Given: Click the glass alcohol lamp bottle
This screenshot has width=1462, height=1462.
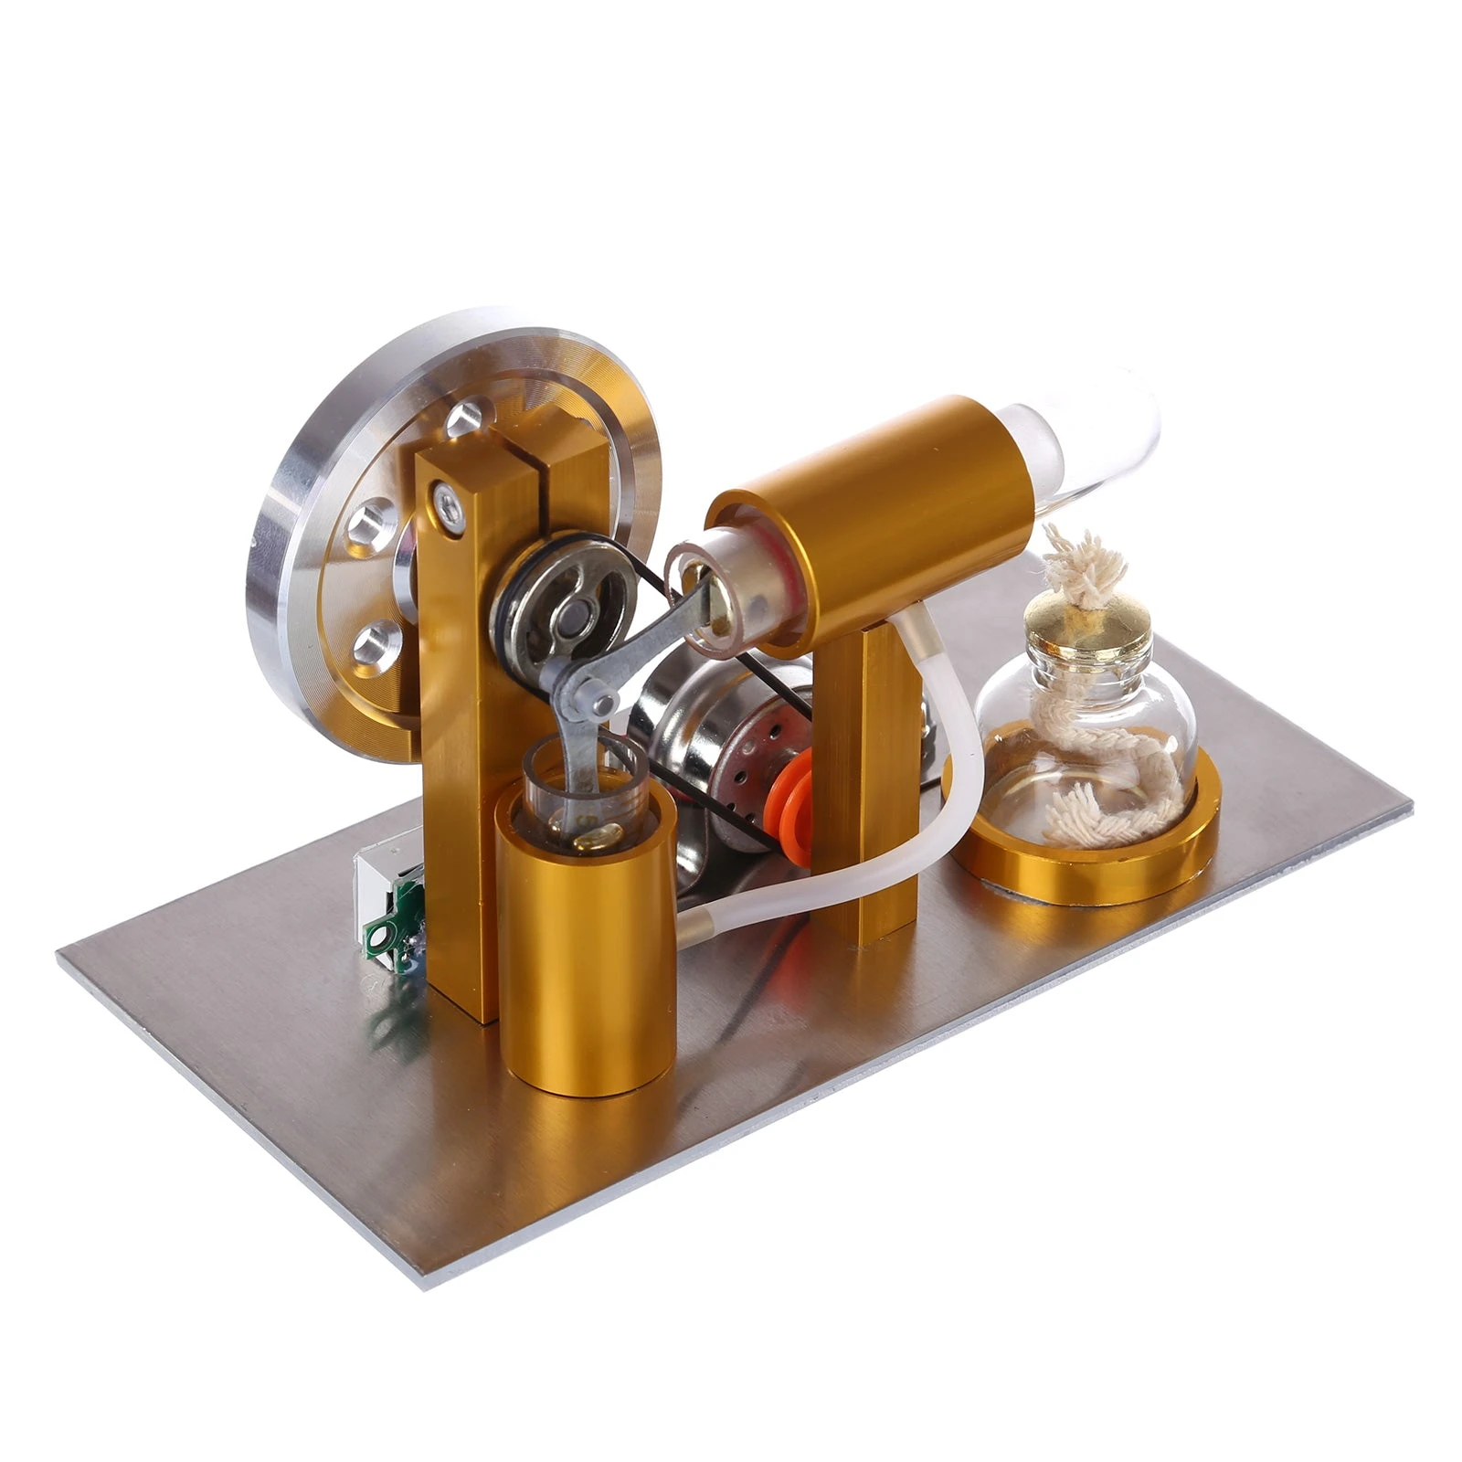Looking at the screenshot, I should click(x=1087, y=731).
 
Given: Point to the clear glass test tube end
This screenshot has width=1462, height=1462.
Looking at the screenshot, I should click(x=1096, y=439).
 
